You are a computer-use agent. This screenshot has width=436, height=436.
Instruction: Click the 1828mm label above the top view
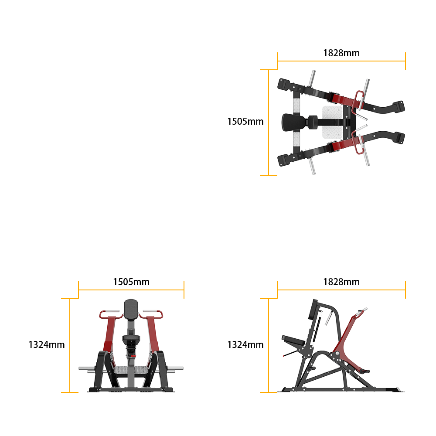tap(341, 53)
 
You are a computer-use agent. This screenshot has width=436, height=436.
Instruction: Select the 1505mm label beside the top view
tap(245, 122)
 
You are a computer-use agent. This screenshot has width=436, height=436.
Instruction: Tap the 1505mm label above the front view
tap(131, 282)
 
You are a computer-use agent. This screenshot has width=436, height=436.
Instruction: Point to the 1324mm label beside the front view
tap(47, 345)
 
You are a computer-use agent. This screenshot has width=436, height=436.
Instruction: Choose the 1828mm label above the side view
tap(341, 282)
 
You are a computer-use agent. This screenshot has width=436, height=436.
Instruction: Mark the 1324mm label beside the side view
tap(245, 345)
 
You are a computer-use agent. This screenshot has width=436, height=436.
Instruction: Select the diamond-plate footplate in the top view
tap(333, 122)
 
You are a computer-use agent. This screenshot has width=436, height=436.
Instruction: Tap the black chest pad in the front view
tap(131, 310)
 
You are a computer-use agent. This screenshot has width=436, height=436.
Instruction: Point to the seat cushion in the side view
tap(293, 341)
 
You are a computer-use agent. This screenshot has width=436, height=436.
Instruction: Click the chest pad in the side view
tap(313, 310)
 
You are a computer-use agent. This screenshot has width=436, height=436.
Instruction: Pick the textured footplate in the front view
tap(131, 370)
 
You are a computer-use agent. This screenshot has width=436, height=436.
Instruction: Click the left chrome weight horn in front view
tap(87, 368)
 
